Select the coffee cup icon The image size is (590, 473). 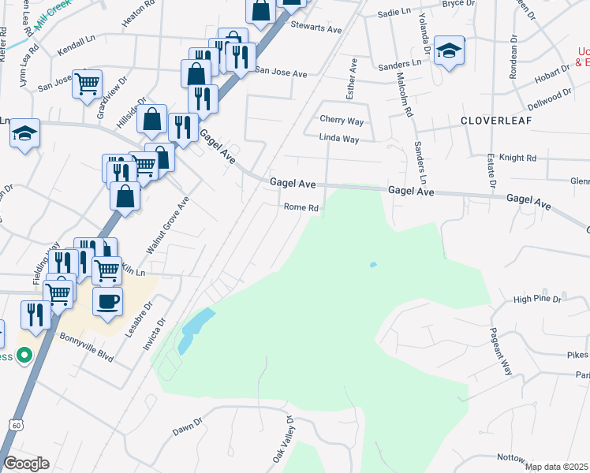[107, 300]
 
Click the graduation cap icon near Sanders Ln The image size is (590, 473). [449, 51]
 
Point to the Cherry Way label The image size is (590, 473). [342, 120]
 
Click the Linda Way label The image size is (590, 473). [339, 139]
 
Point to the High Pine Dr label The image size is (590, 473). [536, 300]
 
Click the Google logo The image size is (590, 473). [26, 463]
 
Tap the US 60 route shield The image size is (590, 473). [17, 425]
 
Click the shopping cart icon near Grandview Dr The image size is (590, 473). [88, 83]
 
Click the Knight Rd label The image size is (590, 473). [518, 158]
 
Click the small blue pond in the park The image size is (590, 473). [372, 265]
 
